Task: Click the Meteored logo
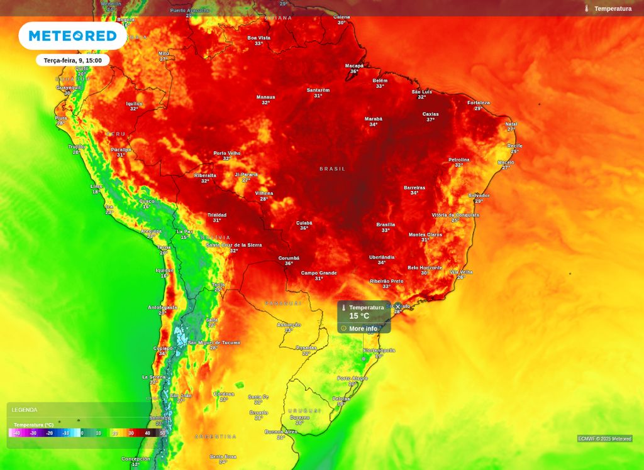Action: (73, 36)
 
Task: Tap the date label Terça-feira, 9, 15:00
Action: (73, 60)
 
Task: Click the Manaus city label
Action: (265, 97)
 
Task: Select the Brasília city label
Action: (386, 224)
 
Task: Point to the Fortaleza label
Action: (478, 103)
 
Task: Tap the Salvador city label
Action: (479, 195)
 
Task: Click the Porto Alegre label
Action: (352, 378)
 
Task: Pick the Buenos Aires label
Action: (280, 432)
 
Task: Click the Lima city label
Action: (96, 187)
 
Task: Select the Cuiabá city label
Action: (304, 222)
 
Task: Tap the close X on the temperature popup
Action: (397, 307)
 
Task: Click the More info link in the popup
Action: (363, 329)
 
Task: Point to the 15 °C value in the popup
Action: (359, 316)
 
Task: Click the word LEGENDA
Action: (25, 410)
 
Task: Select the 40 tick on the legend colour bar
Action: (147, 433)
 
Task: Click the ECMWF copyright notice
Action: (604, 439)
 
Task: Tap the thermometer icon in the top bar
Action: (586, 8)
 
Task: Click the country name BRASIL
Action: (333, 169)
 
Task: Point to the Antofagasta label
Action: (162, 307)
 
